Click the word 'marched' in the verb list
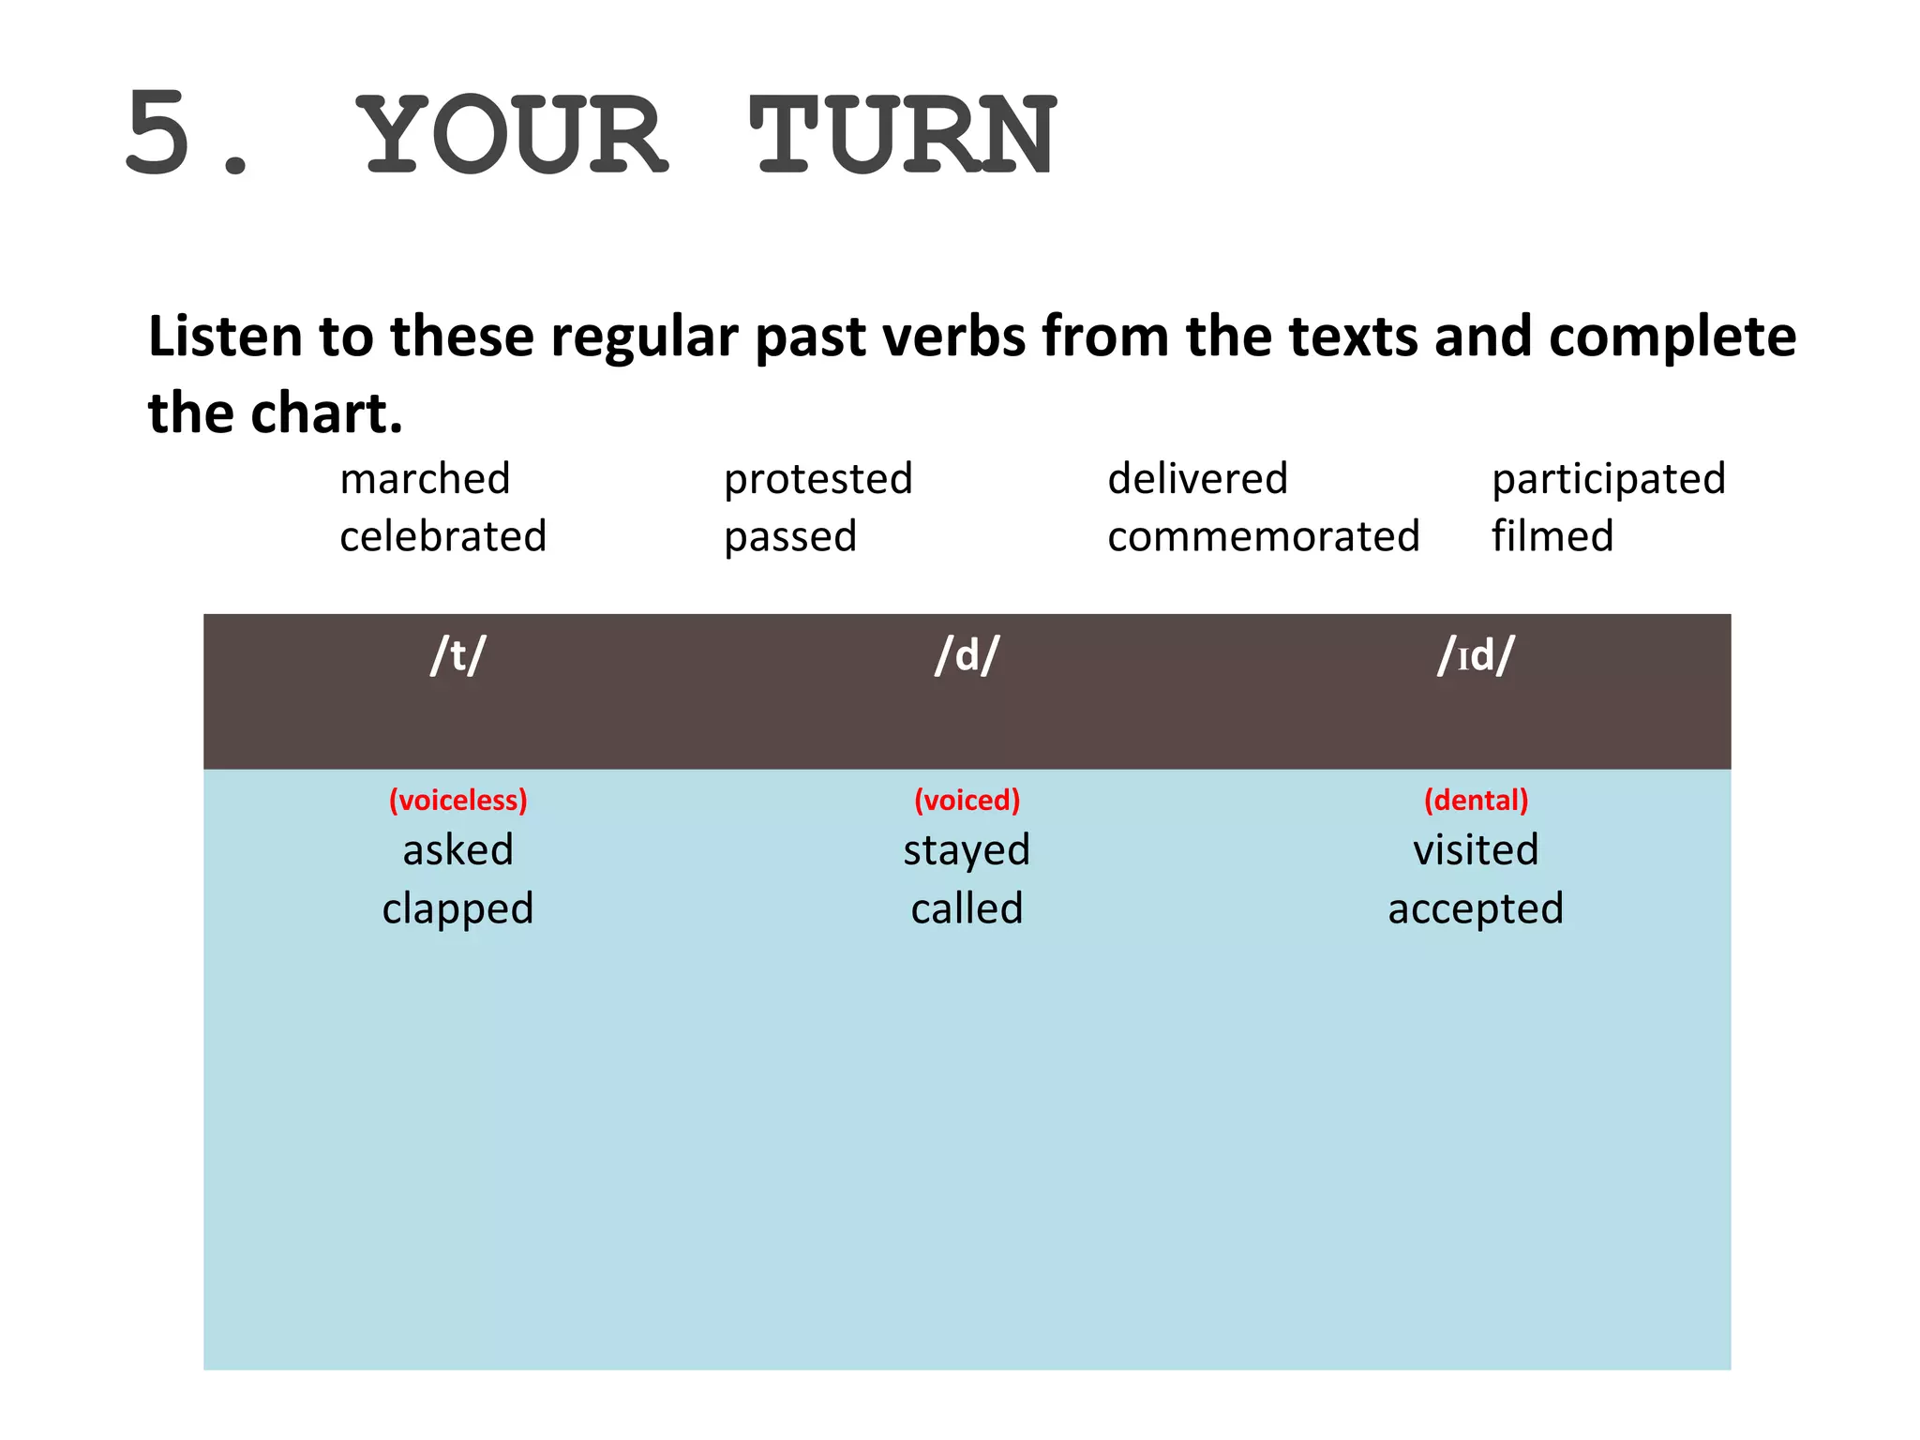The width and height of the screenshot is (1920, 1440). (425, 479)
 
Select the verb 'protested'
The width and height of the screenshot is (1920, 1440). (817, 479)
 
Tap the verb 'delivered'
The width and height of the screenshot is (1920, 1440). (1197, 479)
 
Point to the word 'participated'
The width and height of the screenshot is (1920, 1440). (1608, 479)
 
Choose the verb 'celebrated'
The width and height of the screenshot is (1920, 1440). (442, 537)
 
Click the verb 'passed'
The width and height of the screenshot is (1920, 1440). (790, 537)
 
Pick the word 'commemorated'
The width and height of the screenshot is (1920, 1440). (1263, 537)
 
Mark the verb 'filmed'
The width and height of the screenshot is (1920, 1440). (1552, 537)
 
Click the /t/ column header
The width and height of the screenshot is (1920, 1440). (457, 655)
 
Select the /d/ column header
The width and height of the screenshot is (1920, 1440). (967, 655)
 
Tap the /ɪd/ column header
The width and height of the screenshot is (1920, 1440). (1476, 655)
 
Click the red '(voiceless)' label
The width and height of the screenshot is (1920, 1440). (457, 800)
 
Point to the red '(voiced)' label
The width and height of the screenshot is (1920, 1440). (967, 800)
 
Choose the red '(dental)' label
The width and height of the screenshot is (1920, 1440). (1476, 800)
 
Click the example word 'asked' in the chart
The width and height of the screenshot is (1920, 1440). (457, 850)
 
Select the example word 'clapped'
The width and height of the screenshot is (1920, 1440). (457, 908)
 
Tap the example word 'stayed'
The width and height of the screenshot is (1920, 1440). (967, 850)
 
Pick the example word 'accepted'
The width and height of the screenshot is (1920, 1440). (1476, 908)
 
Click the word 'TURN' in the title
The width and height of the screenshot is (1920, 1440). (903, 136)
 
